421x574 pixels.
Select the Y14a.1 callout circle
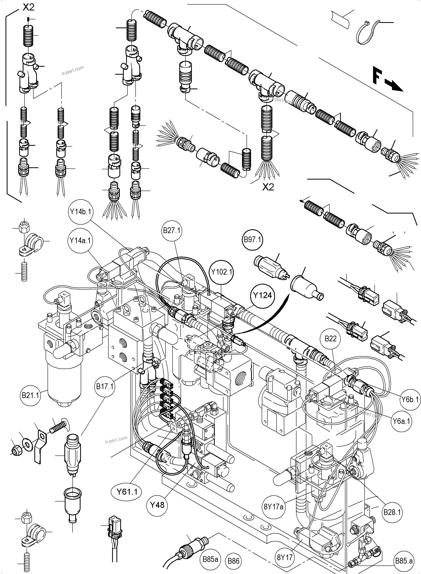pyautogui.click(x=81, y=240)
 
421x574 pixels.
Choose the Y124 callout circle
pyautogui.click(x=263, y=295)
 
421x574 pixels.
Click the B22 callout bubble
pyautogui.click(x=331, y=338)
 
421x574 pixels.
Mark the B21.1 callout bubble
pyautogui.click(x=31, y=395)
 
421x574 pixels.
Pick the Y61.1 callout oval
pyautogui.click(x=127, y=492)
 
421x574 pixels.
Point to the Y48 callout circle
pyautogui.click(x=157, y=505)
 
